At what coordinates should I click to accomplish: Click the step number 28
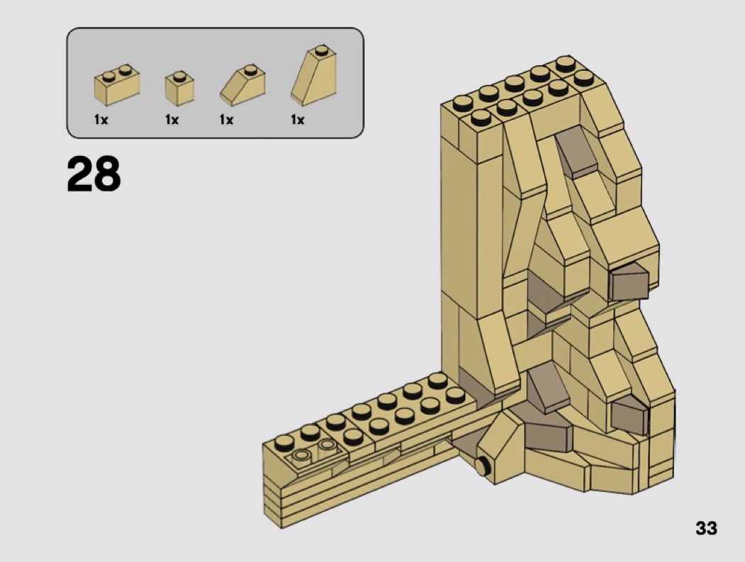(94, 174)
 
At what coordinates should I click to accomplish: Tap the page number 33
(706, 528)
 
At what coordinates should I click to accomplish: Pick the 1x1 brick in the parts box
(180, 89)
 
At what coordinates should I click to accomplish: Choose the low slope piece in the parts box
(243, 86)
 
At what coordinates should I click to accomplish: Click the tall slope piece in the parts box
(314, 75)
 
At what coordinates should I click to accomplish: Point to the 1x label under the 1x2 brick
(101, 120)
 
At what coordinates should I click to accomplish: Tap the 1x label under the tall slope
(297, 120)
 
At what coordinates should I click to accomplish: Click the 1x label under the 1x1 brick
(172, 120)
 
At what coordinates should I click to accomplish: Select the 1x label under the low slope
(226, 120)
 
